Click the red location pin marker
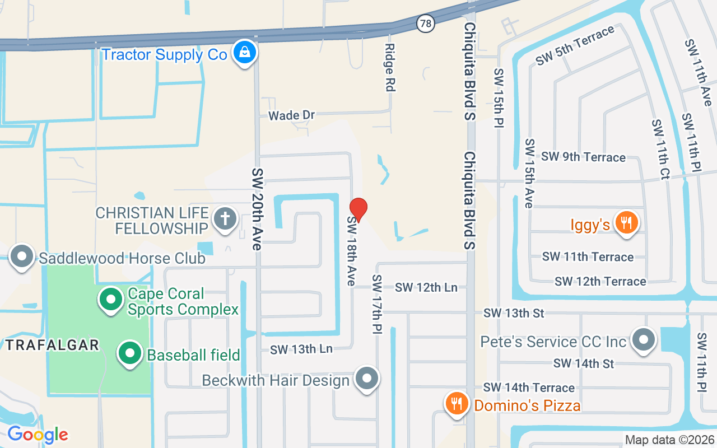click(358, 210)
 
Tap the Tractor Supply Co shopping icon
click(245, 53)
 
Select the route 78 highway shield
click(426, 24)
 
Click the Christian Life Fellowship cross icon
click(225, 220)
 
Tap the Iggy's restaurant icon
click(626, 223)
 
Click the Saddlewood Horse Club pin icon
click(22, 256)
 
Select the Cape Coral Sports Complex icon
click(111, 300)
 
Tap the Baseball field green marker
click(131, 354)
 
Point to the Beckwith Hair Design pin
click(367, 379)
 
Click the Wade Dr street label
click(291, 115)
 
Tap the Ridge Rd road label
click(390, 68)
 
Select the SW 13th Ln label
click(301, 349)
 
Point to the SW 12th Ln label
click(426, 287)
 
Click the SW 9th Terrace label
click(583, 157)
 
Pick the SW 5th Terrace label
click(575, 46)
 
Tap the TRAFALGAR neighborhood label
click(53, 345)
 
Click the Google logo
click(38, 434)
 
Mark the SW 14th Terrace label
click(529, 388)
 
